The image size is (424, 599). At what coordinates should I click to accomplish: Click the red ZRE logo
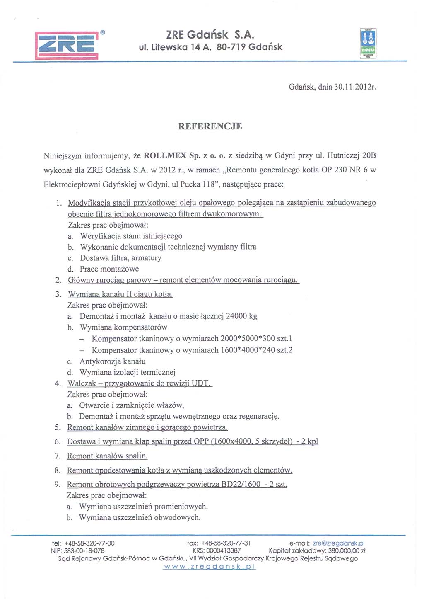(67, 46)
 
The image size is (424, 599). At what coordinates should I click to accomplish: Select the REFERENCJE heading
(210, 126)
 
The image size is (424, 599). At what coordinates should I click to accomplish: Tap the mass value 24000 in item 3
(236, 316)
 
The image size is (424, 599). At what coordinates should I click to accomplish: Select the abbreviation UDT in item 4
(202, 383)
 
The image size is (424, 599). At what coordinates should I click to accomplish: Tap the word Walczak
(82, 383)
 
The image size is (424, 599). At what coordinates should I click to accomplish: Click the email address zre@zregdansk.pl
(339, 543)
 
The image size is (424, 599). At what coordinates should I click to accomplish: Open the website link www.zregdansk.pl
(210, 567)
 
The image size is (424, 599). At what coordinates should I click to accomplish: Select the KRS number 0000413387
(224, 551)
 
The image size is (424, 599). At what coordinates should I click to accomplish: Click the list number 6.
(58, 441)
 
